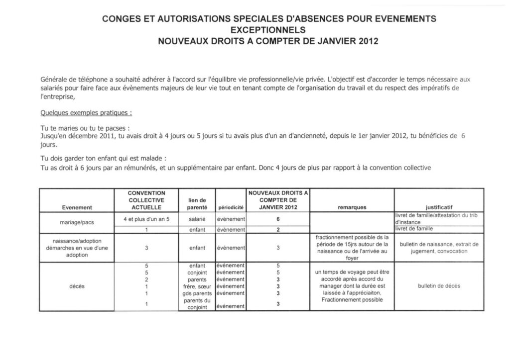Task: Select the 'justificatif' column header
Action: (x=439, y=207)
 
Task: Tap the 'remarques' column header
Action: (x=352, y=207)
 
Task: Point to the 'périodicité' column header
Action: (x=231, y=207)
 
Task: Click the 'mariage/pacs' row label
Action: (x=77, y=222)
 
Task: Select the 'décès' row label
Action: (x=77, y=286)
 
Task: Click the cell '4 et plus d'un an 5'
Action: (x=146, y=219)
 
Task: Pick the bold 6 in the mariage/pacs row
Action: (x=278, y=219)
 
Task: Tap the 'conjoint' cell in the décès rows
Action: (x=197, y=272)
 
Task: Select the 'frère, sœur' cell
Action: (x=197, y=286)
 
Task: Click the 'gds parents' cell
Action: (x=197, y=293)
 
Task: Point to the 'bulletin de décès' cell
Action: (x=439, y=286)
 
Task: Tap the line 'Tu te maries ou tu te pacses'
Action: (x=85, y=127)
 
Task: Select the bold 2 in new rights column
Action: (x=278, y=229)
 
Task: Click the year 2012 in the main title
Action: (x=368, y=42)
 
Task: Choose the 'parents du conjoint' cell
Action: (x=197, y=304)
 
